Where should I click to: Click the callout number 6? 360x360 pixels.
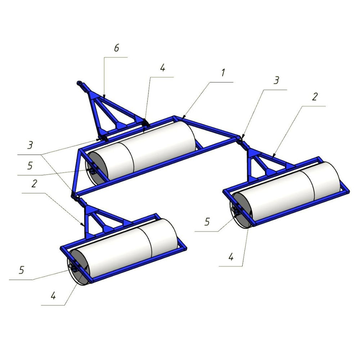tap(117, 48)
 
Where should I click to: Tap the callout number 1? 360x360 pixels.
tap(223, 73)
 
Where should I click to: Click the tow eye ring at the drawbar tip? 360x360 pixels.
tap(79, 82)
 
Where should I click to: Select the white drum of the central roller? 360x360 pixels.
tap(147, 150)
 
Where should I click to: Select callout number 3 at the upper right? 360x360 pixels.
tap(276, 80)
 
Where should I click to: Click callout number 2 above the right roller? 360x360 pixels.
tap(315, 97)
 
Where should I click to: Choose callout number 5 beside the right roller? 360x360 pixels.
tap(207, 222)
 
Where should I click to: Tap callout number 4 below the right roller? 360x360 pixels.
tap(231, 257)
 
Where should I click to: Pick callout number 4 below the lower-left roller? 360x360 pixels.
tap(53, 296)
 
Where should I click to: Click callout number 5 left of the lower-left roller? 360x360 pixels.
tap(22, 270)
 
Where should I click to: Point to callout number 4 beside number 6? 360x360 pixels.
tap(163, 68)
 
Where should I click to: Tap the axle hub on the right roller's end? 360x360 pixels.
tap(237, 210)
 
